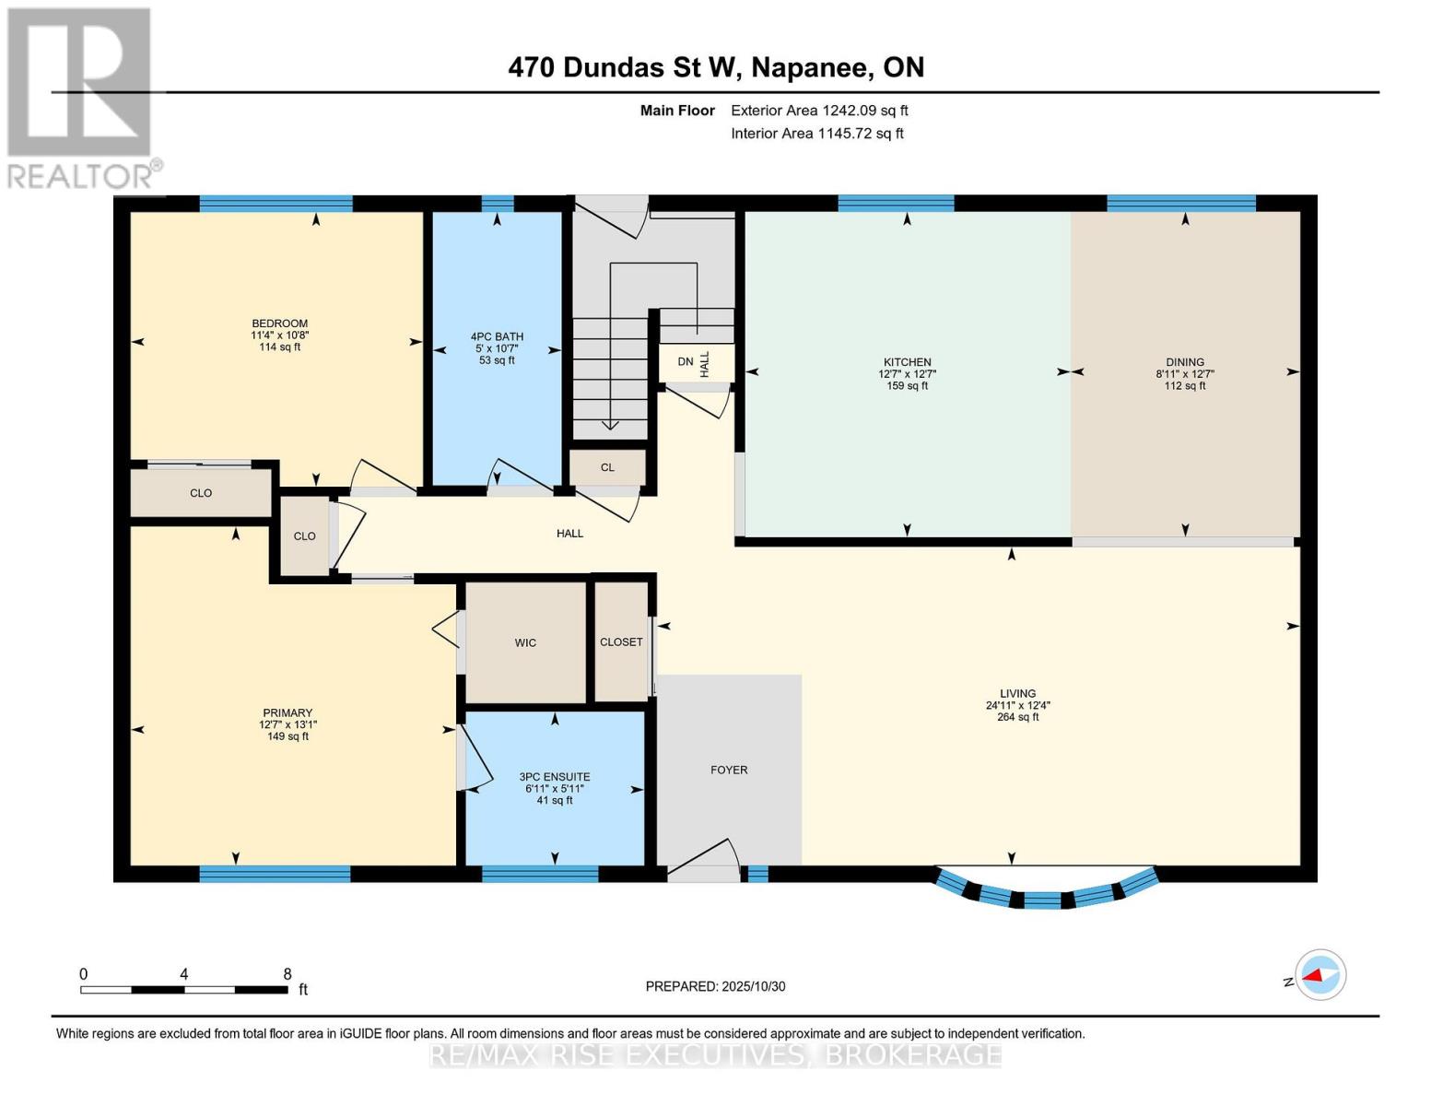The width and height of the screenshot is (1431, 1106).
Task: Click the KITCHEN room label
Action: (x=907, y=362)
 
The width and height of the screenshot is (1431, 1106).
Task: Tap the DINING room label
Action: (x=1184, y=362)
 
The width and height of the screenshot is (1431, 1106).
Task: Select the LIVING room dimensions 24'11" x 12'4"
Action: (x=1017, y=705)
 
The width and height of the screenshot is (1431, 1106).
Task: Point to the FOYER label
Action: (x=729, y=770)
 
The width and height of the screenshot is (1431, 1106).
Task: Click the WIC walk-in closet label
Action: (x=525, y=642)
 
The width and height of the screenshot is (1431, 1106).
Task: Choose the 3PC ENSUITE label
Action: (x=554, y=777)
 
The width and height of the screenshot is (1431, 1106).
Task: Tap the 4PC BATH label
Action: (x=497, y=336)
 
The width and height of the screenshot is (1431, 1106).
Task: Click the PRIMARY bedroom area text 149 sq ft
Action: (x=287, y=736)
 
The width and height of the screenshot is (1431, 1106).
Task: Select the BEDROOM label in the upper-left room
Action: (x=279, y=324)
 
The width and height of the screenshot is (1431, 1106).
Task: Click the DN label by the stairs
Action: (x=685, y=362)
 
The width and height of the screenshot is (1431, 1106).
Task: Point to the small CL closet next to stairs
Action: (x=607, y=467)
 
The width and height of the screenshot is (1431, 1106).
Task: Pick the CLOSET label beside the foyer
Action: (x=621, y=641)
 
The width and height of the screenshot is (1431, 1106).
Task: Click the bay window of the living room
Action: (x=1044, y=896)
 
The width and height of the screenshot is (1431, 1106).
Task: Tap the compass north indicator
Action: (x=1320, y=975)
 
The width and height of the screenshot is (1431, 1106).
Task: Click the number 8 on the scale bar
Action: (x=287, y=974)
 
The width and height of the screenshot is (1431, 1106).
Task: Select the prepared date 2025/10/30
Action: (x=715, y=986)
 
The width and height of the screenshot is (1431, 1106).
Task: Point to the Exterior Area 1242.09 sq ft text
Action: (x=819, y=111)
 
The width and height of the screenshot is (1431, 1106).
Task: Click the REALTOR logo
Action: (x=81, y=97)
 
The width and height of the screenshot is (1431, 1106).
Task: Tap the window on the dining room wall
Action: (x=1180, y=204)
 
